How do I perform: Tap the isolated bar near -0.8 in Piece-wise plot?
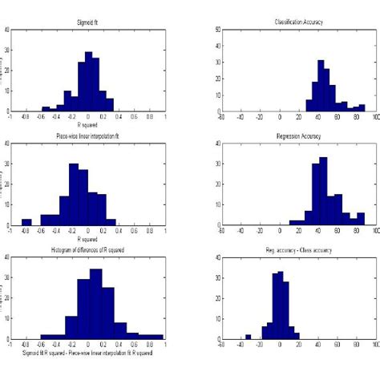pyautogui.click(x=26, y=221)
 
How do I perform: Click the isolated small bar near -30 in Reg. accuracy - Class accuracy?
pyautogui.click(x=248, y=337)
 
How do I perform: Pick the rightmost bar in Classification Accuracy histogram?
pyautogui.click(x=362, y=107)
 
